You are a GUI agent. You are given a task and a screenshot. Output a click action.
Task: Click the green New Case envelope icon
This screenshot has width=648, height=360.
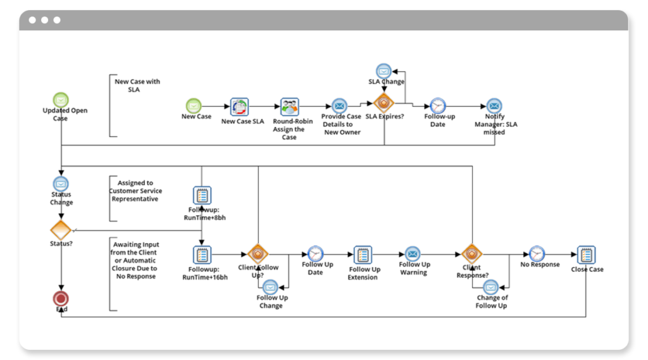click(x=193, y=106)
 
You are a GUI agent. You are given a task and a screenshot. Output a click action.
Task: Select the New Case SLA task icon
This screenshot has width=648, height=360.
click(x=239, y=106)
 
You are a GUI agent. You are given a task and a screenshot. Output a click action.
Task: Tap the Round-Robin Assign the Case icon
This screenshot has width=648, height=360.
click(x=289, y=106)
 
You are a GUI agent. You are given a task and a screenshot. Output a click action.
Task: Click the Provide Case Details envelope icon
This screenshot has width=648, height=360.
click(x=340, y=106)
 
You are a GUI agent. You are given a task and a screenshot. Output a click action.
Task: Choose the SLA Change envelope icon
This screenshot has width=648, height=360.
click(x=383, y=71)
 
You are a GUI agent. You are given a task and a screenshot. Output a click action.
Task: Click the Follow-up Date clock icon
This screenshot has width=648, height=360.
click(x=437, y=106)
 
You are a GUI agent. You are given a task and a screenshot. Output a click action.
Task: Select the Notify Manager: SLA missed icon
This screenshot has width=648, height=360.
click(x=494, y=106)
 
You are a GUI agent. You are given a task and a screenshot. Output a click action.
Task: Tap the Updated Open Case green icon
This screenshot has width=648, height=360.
click(x=61, y=99)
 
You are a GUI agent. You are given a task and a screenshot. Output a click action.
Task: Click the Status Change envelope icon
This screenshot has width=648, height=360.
click(x=61, y=183)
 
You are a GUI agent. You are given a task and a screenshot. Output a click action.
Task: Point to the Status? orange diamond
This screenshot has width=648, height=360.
click(x=61, y=230)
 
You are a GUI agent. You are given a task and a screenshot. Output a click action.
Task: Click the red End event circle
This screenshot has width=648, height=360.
click(x=61, y=299)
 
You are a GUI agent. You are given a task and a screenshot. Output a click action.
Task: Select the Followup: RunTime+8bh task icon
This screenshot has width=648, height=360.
click(x=201, y=195)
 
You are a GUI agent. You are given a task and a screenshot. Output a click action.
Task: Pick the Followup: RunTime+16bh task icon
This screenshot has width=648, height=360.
click(x=201, y=254)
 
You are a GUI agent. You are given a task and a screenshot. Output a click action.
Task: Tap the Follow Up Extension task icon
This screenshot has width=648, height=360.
click(x=363, y=254)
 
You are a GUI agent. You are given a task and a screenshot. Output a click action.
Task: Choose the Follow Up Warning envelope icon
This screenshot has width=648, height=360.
click(x=413, y=254)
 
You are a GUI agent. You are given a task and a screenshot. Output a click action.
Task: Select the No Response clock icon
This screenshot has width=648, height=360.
click(x=537, y=254)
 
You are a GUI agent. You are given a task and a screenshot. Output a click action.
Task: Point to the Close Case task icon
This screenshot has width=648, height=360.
click(x=586, y=254)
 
